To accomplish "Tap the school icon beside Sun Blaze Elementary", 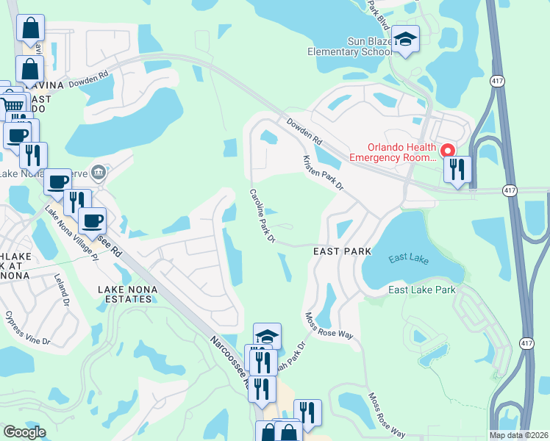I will [405, 39].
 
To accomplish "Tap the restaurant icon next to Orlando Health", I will [458, 170].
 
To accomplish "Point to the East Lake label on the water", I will [407, 257].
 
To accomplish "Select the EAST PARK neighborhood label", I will [342, 251].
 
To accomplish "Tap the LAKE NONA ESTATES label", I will [126, 294].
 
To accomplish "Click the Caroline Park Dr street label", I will [261, 216].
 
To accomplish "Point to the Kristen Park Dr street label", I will [324, 173].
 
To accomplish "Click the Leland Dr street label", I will [61, 289].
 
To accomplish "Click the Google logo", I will [24, 432].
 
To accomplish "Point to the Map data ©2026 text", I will [518, 435].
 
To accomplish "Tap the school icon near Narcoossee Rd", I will [267, 337].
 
